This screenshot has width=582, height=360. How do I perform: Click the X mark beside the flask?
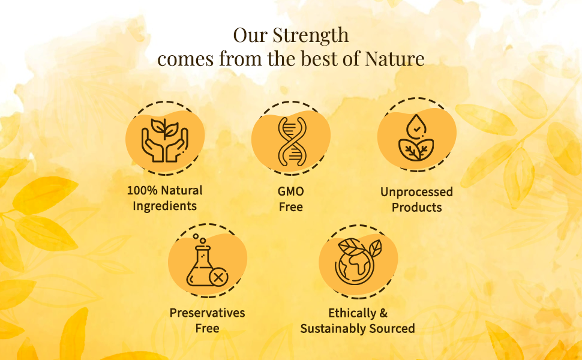(x=220, y=277)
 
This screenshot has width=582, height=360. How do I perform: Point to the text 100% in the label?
(x=142, y=191)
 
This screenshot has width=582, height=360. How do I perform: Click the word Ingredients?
(x=164, y=206)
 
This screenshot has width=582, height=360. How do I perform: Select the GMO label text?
(x=291, y=192)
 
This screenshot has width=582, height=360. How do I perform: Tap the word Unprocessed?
(x=416, y=193)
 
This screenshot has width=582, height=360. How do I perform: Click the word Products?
(x=416, y=208)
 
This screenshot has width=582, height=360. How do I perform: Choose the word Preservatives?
(x=207, y=313)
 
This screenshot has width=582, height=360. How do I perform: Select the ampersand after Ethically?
(x=383, y=313)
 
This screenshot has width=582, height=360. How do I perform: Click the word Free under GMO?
(x=291, y=207)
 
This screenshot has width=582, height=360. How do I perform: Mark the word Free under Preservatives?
(x=207, y=328)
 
